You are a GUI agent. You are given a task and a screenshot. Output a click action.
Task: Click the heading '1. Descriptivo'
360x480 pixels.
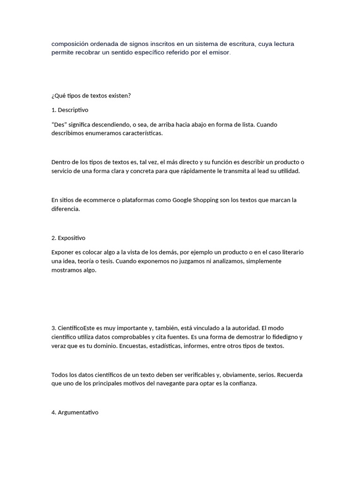[x=70, y=110]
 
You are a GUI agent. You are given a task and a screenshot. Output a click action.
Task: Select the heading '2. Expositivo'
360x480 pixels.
[x=68, y=238]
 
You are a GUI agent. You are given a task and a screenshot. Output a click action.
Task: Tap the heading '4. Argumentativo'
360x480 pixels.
[x=75, y=412]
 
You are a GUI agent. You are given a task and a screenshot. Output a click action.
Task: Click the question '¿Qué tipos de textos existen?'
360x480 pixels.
[x=91, y=96]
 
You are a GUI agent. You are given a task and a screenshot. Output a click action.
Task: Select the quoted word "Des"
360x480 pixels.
[x=60, y=125]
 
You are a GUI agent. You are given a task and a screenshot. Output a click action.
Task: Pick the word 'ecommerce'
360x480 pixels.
[x=94, y=200]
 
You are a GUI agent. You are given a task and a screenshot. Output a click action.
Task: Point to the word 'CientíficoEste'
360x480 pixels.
[x=78, y=328]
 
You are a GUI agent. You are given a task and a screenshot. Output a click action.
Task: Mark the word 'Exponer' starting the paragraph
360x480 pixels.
[x=63, y=252]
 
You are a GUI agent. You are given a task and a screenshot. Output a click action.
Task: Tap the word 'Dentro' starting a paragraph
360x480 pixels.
[x=61, y=162]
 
